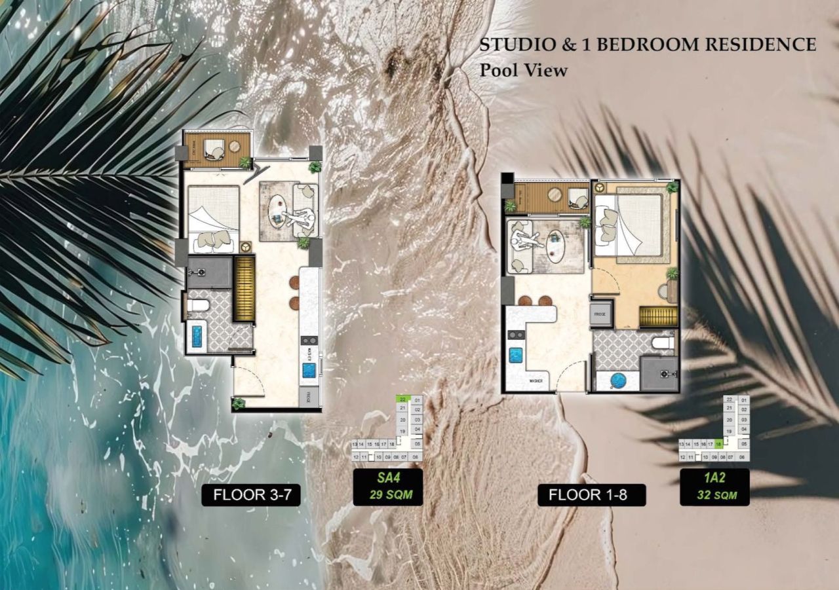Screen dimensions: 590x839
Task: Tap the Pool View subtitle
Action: pos(523,71)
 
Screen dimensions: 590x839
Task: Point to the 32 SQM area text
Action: pos(714,496)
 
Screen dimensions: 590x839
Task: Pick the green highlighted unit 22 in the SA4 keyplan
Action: pos(403,399)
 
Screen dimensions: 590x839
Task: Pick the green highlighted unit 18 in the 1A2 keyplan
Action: pos(718,444)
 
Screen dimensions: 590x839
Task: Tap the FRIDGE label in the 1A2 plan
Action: pos(600,314)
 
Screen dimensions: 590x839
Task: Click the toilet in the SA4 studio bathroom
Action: pos(197,306)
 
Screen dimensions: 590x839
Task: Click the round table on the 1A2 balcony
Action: pos(555,194)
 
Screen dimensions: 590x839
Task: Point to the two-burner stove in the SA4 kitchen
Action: pos(309,341)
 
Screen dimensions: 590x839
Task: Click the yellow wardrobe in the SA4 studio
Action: pos(244,288)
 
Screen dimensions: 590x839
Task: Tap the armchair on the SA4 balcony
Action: pos(214,150)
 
